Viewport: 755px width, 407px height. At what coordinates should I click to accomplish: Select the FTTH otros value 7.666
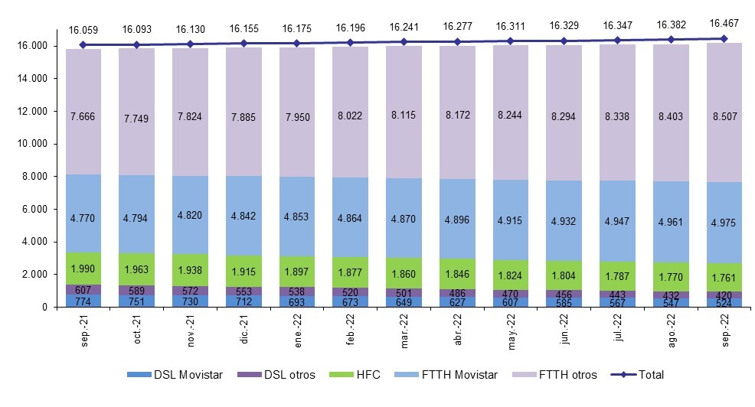83,115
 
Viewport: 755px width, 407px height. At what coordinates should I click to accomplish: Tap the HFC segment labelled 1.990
83,268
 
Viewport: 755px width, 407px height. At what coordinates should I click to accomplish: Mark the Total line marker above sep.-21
83,44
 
